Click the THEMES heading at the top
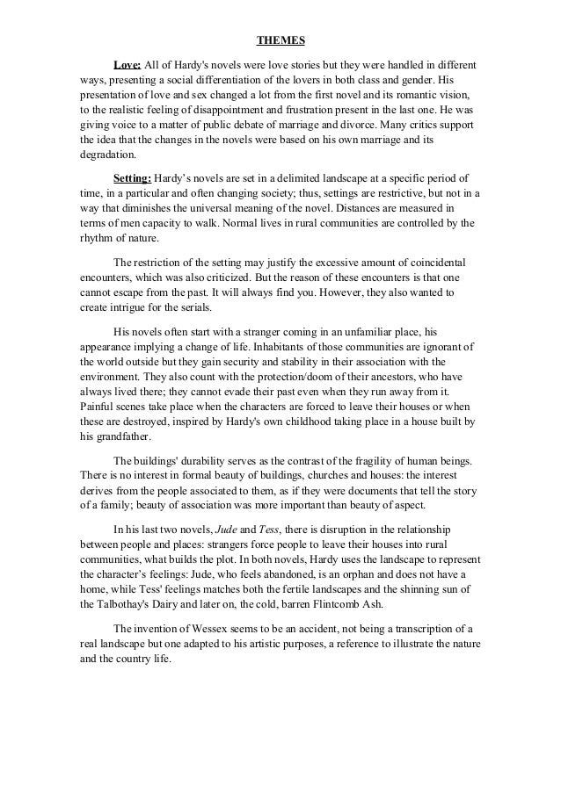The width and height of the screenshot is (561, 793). (280, 40)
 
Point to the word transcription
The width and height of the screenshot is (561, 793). (426, 631)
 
